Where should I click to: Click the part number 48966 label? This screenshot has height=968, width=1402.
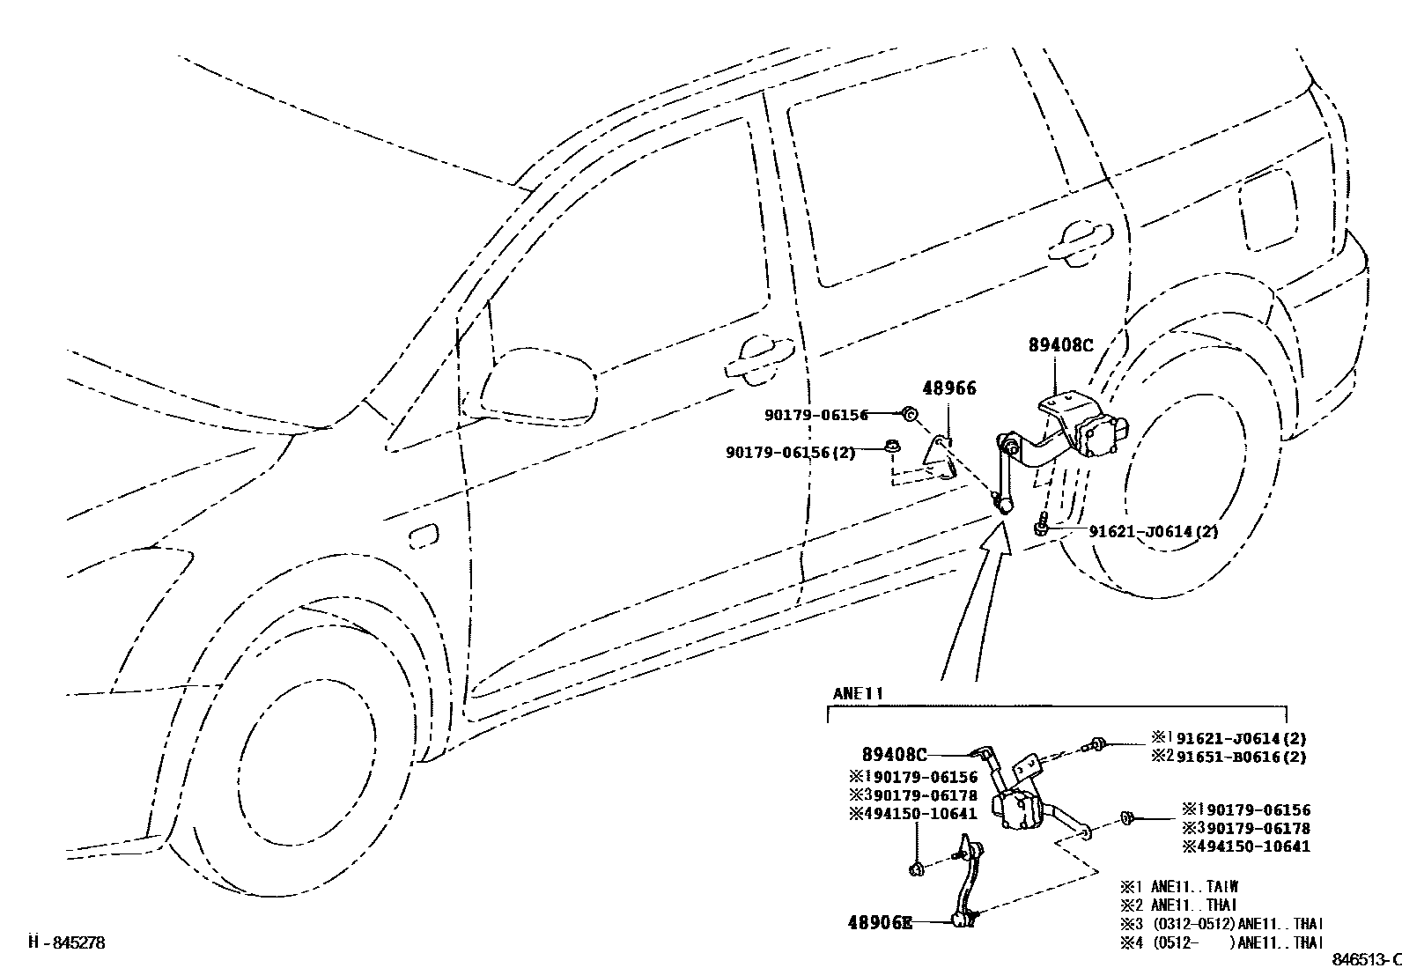(948, 388)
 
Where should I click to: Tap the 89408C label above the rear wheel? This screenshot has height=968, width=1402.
(1059, 346)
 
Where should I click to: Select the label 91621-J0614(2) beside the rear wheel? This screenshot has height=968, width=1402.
(1154, 531)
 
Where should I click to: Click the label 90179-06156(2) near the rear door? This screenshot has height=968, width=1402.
(790, 452)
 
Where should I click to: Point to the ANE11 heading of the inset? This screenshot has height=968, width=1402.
(857, 694)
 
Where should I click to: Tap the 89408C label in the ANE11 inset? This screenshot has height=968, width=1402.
(894, 755)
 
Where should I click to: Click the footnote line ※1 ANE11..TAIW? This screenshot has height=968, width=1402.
(1178, 887)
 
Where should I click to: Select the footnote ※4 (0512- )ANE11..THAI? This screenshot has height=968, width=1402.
(1221, 942)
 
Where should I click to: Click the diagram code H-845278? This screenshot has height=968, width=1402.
(67, 942)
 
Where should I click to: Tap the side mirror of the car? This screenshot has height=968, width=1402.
(537, 384)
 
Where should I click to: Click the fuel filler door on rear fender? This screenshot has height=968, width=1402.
(1267, 209)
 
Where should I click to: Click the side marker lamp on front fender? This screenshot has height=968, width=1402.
(424, 536)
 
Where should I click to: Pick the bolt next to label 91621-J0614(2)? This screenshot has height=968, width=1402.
(1041, 526)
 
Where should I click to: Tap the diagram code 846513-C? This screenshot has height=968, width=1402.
(1365, 959)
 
